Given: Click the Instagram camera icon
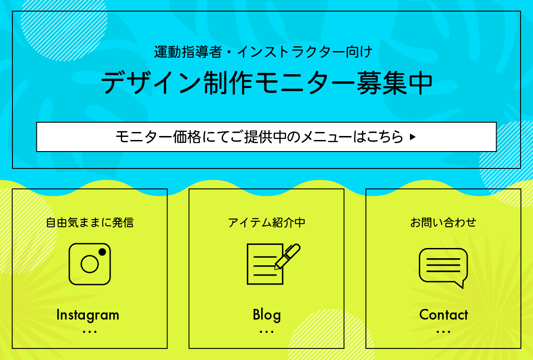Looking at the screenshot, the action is (x=90, y=264).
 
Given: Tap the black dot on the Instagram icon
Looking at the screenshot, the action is (x=102, y=252).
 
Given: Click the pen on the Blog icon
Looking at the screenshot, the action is (x=287, y=256).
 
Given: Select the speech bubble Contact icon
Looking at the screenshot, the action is (x=443, y=268).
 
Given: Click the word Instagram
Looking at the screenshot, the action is (x=88, y=316).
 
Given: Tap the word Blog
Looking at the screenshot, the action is (x=267, y=316).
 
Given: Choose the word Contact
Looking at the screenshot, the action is (x=444, y=315).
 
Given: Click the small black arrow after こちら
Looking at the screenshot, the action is (x=413, y=137).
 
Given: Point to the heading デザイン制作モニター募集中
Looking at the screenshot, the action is (x=266, y=83).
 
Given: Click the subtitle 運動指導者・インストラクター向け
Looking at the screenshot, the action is (x=263, y=52).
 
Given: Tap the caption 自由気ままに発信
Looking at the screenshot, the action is (x=90, y=223).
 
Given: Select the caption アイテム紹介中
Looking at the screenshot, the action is (x=266, y=223).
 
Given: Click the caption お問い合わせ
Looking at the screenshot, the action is (x=443, y=223).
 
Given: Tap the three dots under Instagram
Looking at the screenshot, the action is (x=90, y=332).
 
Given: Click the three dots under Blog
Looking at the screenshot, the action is (x=266, y=332).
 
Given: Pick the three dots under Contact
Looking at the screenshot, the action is (x=443, y=332).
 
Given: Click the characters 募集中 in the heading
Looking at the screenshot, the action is (x=394, y=83).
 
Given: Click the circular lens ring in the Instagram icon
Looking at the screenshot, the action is (x=90, y=264).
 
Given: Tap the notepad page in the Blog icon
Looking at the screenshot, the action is (x=265, y=264).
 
